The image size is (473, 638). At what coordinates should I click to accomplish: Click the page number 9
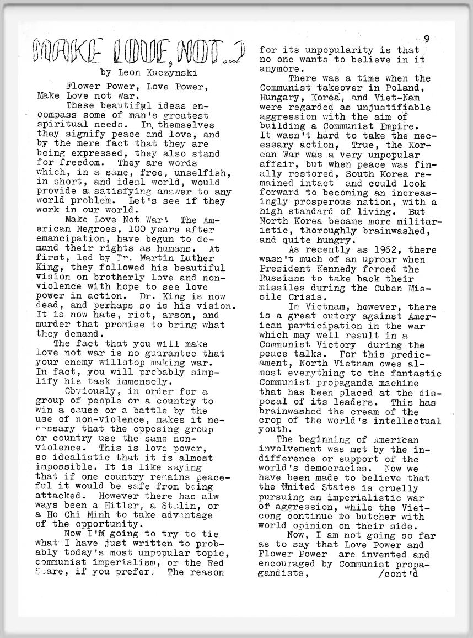pos(427,39)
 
